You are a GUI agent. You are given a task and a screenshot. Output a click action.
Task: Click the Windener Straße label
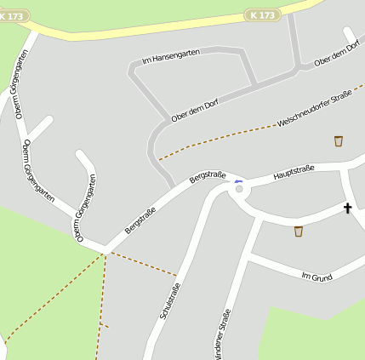224,334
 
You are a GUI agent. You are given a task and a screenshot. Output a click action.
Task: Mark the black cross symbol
347,209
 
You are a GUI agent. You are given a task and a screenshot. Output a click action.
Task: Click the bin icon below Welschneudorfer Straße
339,141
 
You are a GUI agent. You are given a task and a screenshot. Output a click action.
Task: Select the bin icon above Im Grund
299,231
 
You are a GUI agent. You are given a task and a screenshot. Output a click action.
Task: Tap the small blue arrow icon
238,180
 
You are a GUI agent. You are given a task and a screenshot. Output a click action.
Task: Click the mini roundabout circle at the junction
239,189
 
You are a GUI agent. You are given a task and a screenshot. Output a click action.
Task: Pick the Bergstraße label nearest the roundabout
208,178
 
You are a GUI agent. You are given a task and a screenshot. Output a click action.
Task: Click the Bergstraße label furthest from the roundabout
140,220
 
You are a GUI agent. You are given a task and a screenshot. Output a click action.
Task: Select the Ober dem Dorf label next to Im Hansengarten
195,108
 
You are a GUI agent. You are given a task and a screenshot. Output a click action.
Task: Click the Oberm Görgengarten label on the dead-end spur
87,208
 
